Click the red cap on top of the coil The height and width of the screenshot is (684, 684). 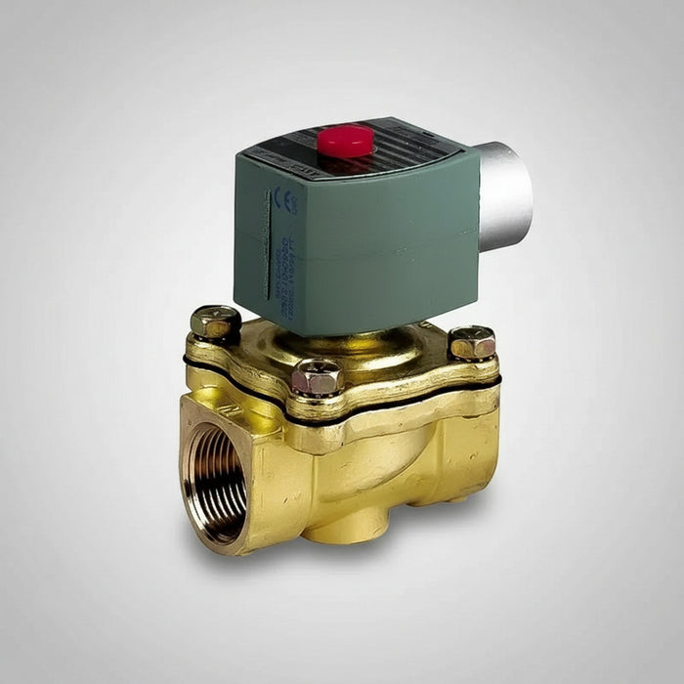(345, 140)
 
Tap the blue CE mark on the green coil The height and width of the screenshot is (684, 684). (285, 200)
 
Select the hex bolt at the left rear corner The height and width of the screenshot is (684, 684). (215, 321)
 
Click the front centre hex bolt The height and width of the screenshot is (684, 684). (317, 376)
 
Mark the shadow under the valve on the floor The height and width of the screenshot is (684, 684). (391, 567)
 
